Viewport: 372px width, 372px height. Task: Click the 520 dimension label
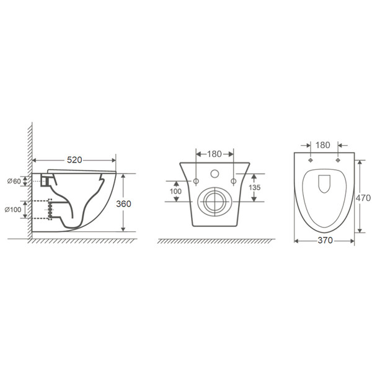[x=74, y=160]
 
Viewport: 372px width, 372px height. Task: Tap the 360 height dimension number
[x=123, y=204]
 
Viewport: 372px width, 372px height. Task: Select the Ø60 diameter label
[x=14, y=181]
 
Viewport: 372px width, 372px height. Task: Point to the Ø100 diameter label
[x=13, y=210]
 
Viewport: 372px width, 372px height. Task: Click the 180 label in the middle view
[x=215, y=154]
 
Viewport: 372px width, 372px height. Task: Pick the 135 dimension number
[x=255, y=187]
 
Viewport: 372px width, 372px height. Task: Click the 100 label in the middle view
[x=176, y=191]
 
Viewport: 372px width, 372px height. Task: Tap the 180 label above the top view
[x=323, y=145]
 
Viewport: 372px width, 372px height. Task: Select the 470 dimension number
[x=363, y=198]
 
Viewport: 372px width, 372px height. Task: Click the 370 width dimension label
[x=325, y=241]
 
